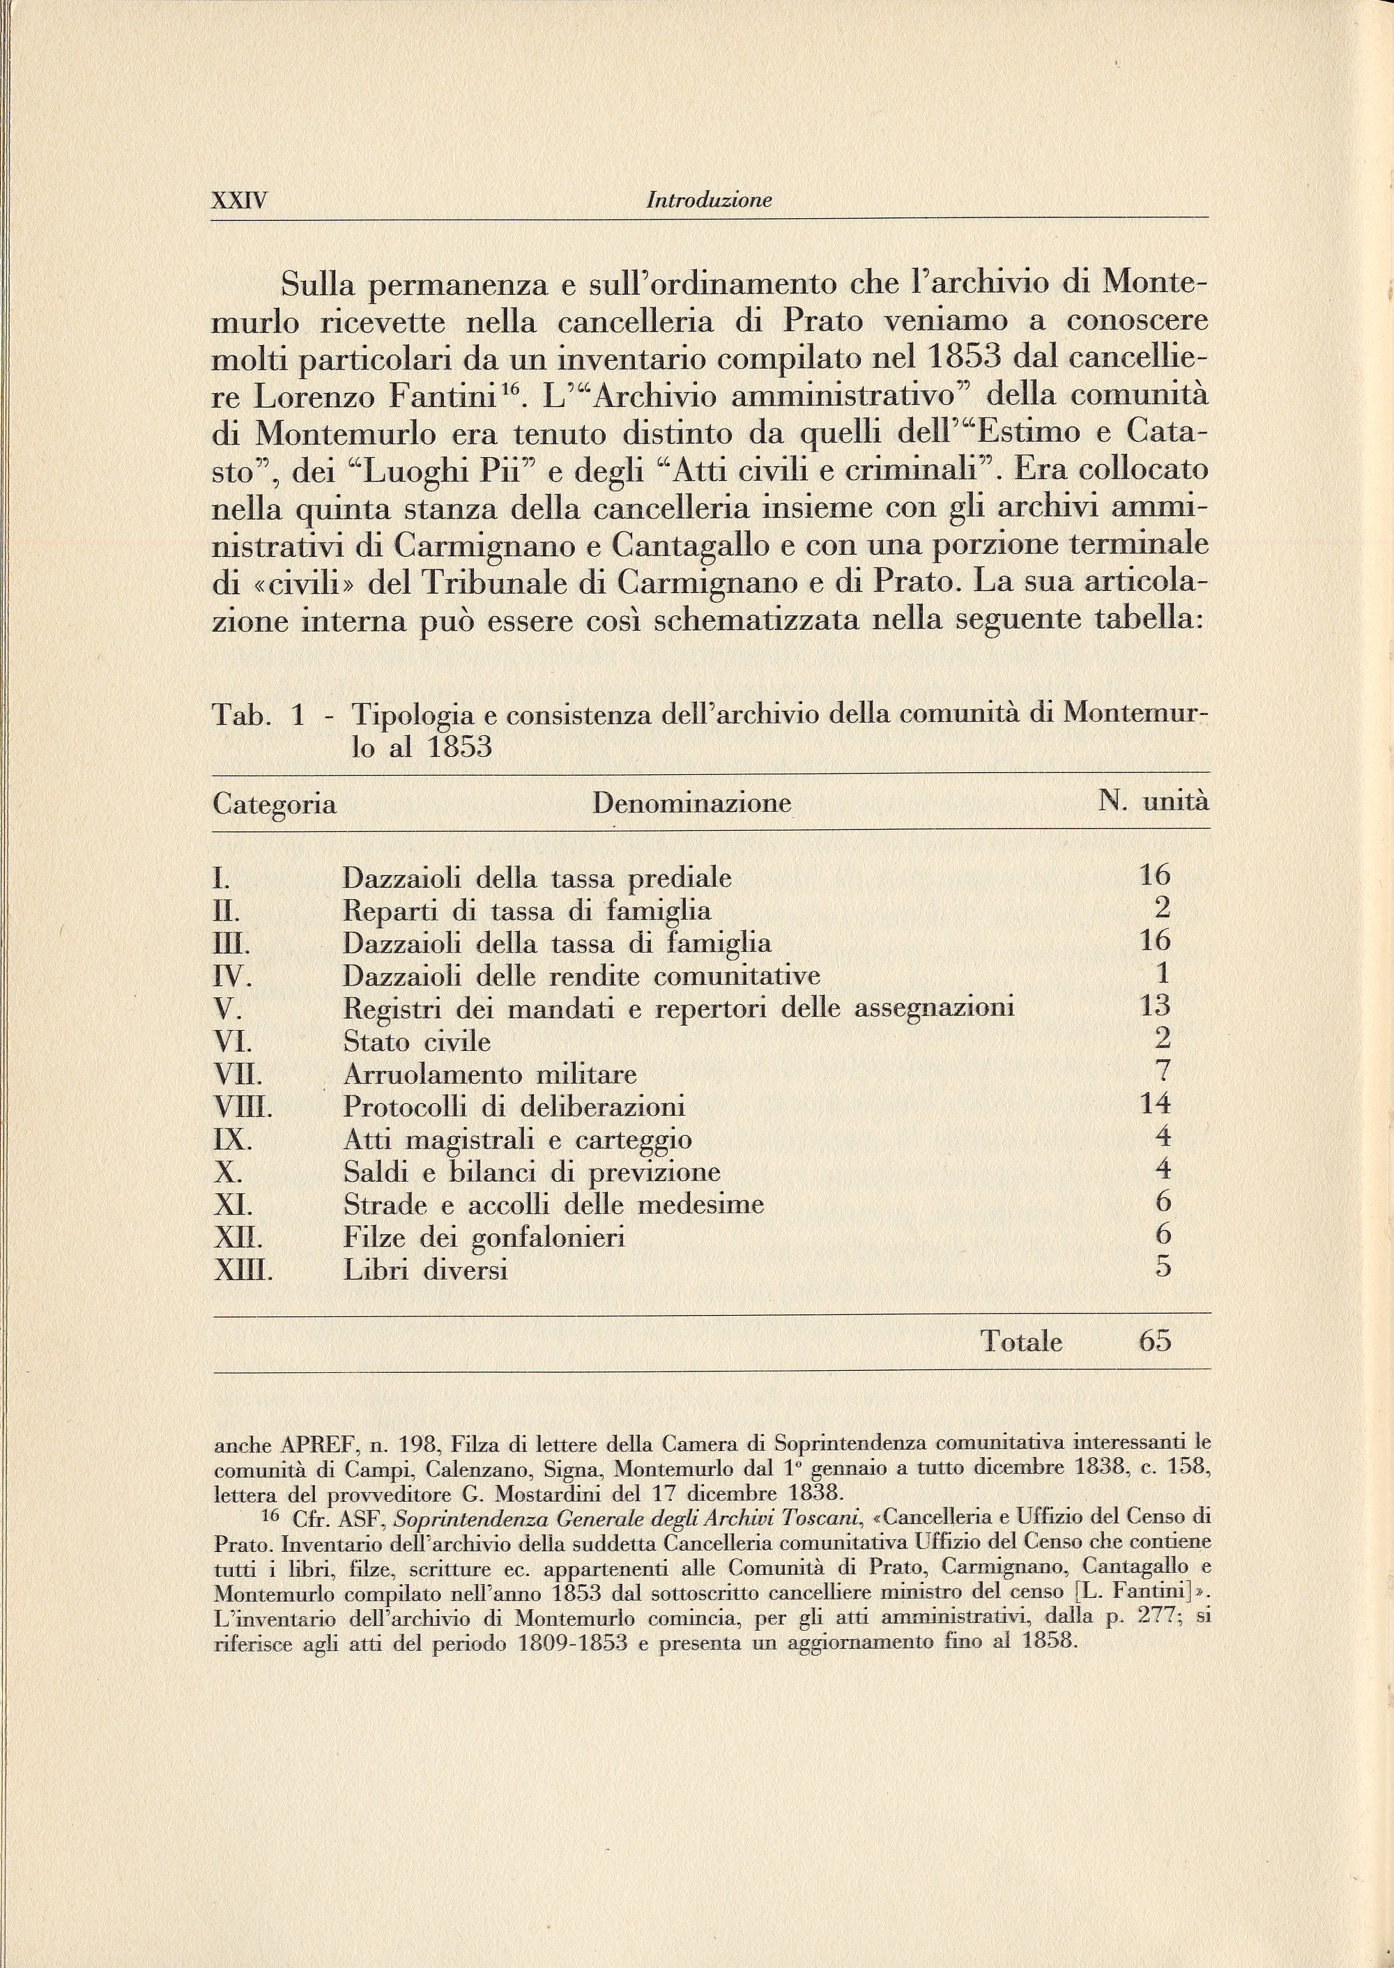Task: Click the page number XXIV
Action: point(240,201)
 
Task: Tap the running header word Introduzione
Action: point(709,201)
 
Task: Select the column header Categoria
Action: point(275,805)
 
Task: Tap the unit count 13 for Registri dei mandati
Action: point(1154,1006)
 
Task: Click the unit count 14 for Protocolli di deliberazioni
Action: point(1154,1105)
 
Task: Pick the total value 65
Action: point(1154,1342)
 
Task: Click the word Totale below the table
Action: point(1022,1342)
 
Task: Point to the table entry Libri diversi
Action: point(426,1270)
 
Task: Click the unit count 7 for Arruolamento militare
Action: point(1163,1072)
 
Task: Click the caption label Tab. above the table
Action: point(241,716)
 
